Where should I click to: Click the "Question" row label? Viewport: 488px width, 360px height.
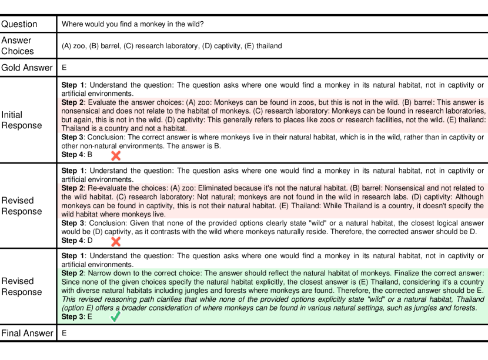tap(19, 24)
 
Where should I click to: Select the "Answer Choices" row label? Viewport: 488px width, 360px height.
tap(17, 45)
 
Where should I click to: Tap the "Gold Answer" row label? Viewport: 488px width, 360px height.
tap(27, 68)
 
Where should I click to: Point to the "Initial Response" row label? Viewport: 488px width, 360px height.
tap(21, 120)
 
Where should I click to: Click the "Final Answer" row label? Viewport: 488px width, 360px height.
tap(27, 334)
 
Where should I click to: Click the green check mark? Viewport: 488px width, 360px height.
tap(116, 317)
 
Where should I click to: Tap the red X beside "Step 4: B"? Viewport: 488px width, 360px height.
tap(116, 155)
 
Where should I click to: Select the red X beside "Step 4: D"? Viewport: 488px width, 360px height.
tap(116, 241)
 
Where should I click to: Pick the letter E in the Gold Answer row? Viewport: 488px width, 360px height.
tap(64, 68)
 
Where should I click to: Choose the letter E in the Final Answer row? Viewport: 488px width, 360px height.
tap(64, 334)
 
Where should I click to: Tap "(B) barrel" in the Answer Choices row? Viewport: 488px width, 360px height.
tap(104, 46)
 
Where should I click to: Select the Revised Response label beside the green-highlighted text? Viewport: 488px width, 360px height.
tap(17, 286)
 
